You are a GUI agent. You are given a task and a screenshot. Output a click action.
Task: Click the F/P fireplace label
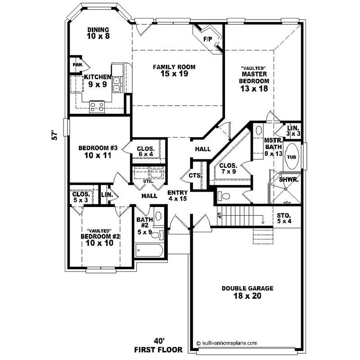coord(207,40)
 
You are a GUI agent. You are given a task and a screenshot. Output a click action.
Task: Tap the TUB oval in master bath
coord(292,157)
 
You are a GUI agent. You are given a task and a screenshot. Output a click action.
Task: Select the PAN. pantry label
coord(77,64)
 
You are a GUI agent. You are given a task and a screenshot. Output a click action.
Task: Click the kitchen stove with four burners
coord(97,107)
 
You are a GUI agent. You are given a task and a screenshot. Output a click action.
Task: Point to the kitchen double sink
coord(117,84)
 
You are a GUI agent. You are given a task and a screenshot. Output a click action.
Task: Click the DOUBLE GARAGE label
coord(247,288)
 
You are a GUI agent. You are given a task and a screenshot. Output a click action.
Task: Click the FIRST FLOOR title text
coord(158,350)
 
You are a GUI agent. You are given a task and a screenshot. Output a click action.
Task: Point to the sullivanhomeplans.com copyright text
coord(226,342)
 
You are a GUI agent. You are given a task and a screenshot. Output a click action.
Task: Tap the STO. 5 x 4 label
coord(284,218)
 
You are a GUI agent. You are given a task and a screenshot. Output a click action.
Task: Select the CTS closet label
coord(194,175)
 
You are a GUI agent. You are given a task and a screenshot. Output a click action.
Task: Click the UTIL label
coord(148,181)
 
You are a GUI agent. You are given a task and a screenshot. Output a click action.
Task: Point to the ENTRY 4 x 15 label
coord(177,195)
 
